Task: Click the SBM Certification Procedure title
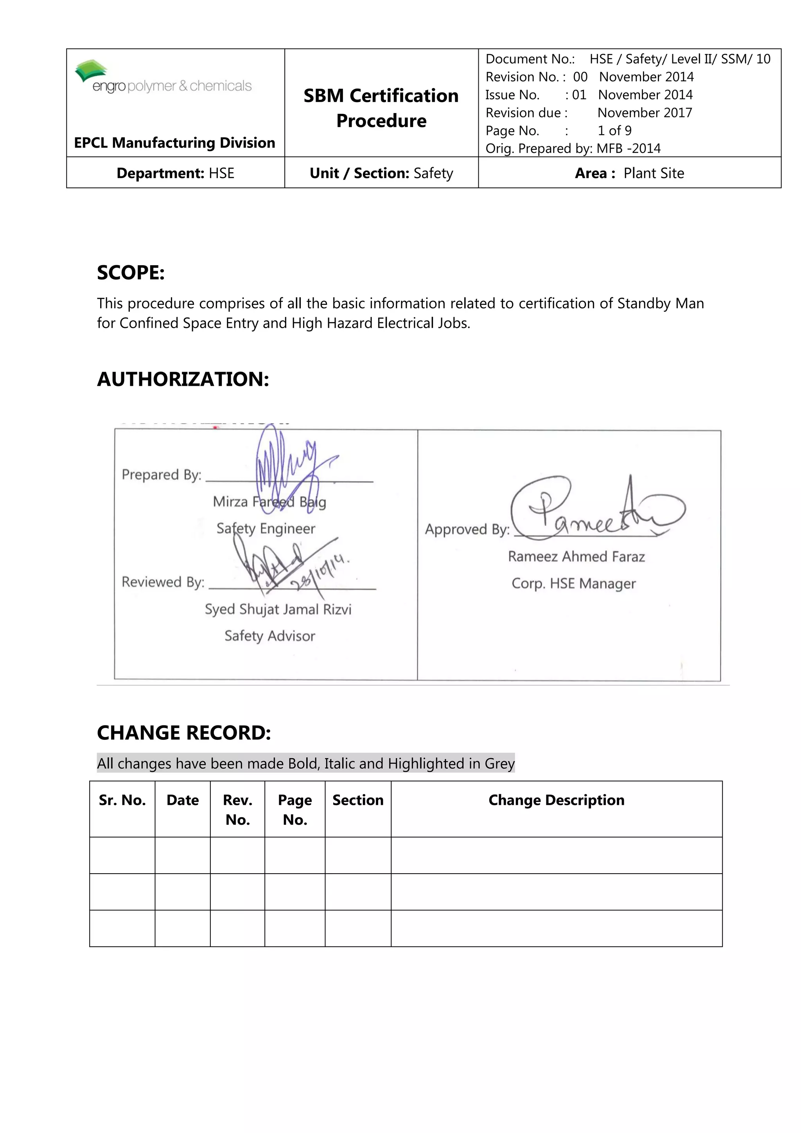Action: click(x=381, y=108)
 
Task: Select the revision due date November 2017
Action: click(x=644, y=113)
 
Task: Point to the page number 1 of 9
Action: click(x=614, y=131)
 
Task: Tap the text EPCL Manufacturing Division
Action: click(x=174, y=143)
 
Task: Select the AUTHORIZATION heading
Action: click(x=183, y=379)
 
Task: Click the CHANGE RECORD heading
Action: click(x=184, y=733)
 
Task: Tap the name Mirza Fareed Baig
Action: click(x=269, y=502)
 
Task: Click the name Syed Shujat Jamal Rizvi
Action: click(x=278, y=610)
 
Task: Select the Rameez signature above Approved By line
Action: click(x=592, y=511)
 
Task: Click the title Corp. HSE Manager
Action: click(x=574, y=584)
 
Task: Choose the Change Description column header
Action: click(x=557, y=800)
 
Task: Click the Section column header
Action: click(x=357, y=800)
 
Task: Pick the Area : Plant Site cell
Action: click(x=629, y=173)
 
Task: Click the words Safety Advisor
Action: click(x=269, y=636)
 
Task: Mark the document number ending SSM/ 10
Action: click(x=680, y=59)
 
